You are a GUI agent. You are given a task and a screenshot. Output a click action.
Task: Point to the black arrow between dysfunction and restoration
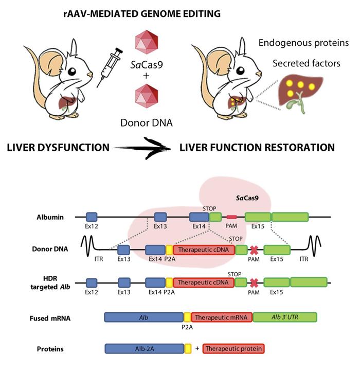coord(143,148)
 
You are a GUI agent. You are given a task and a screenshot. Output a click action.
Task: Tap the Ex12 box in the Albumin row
coord(92,217)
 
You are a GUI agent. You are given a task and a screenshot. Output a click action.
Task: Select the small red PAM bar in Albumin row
coord(232,218)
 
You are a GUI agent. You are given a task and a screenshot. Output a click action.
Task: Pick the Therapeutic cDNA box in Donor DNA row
coord(204,250)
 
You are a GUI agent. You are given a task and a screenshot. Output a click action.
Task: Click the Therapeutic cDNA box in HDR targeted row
coord(204,282)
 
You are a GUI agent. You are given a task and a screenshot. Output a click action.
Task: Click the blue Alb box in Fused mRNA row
coord(144,317)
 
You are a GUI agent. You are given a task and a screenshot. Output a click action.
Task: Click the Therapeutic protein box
coord(233,349)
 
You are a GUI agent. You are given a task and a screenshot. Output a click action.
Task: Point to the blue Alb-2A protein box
coord(144,349)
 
